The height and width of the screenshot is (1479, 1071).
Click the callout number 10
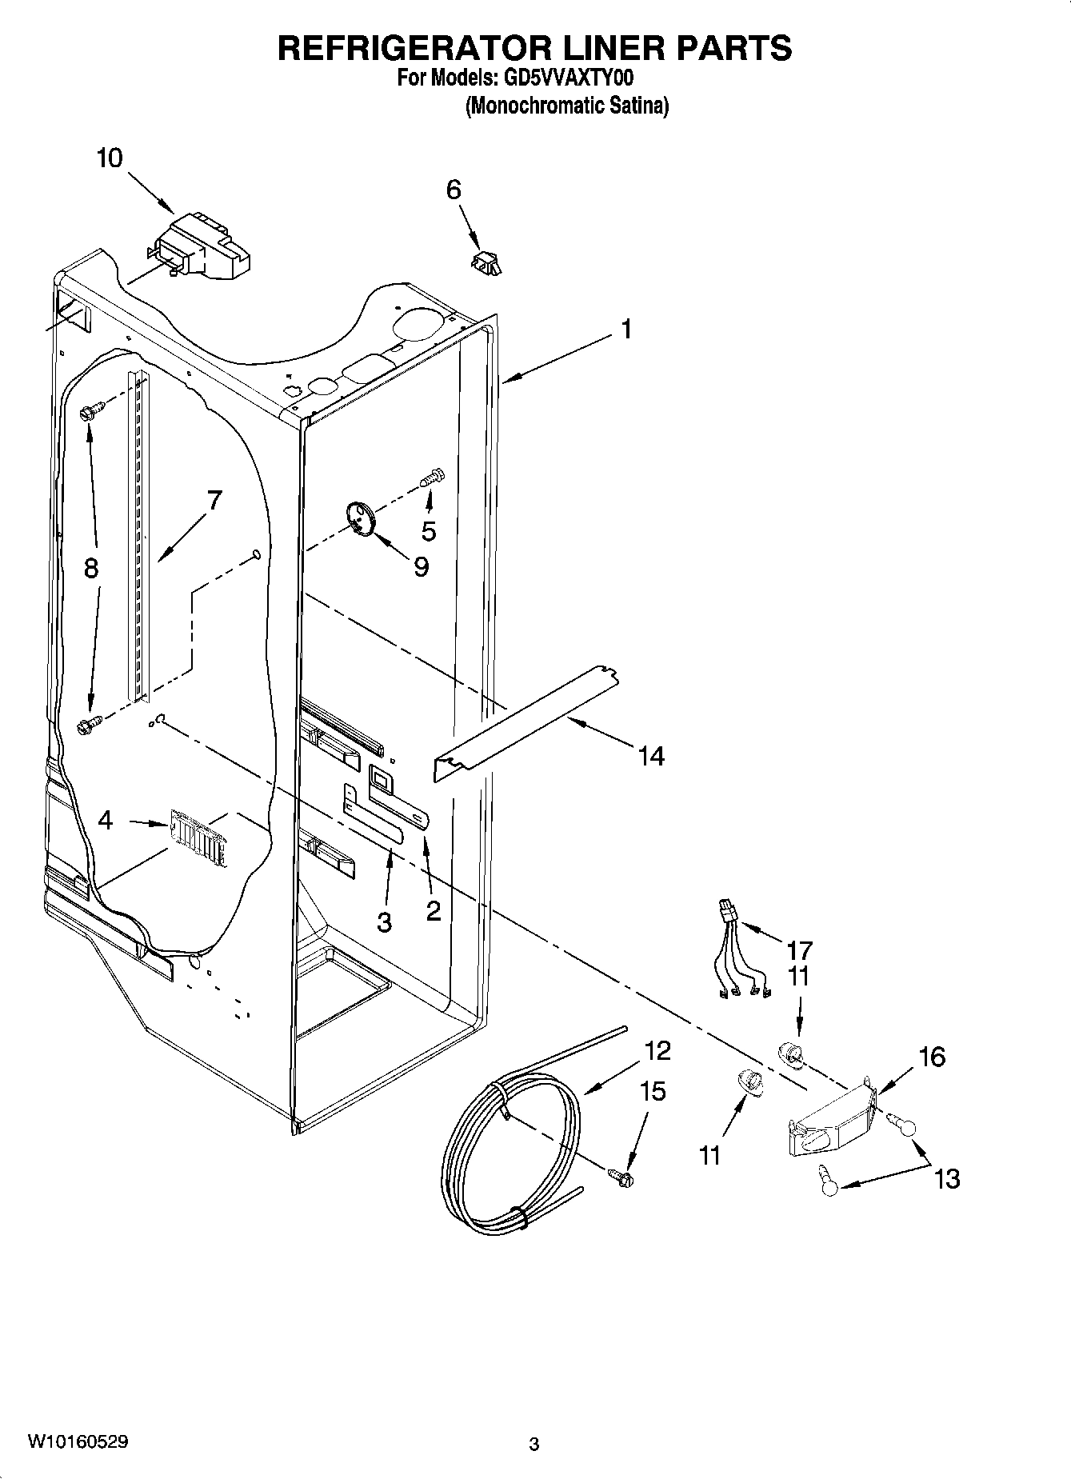pos(110,158)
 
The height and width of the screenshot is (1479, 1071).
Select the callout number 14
pos(652,755)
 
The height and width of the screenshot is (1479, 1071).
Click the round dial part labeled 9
pos(362,518)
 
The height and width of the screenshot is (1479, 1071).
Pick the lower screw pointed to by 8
pos(88,725)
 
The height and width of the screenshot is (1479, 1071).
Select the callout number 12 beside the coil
pos(657,1050)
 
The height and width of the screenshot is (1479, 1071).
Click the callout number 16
pos(932,1057)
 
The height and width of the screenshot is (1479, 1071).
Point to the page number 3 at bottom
pos(534,1444)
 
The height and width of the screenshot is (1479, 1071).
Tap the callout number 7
pos(214,501)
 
